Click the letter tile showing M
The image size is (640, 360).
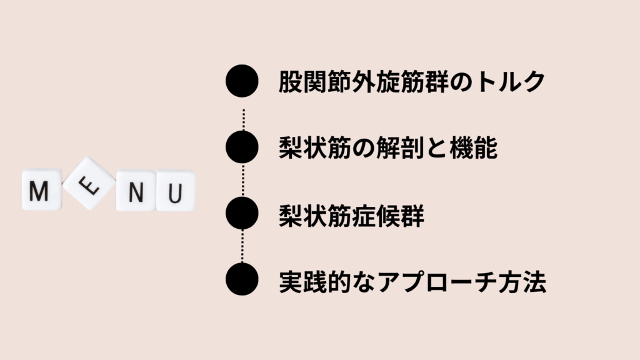tap(42, 190)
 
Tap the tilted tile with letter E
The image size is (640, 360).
tap(89, 183)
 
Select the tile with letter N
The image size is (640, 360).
tap(136, 191)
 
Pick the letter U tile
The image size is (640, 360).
tap(176, 191)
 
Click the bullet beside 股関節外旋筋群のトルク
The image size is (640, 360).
tap(242, 81)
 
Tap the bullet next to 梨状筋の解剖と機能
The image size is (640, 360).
tap(242, 147)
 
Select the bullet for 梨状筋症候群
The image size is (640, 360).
tap(242, 213)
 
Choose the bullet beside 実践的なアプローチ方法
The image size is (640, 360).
tap(242, 279)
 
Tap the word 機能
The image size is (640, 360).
tap(474, 147)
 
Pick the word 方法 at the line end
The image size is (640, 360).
tap(522, 282)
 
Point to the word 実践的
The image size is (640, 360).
tap(315, 282)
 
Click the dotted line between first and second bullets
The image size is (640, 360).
tap(244, 119)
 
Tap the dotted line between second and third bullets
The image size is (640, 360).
tap(243, 180)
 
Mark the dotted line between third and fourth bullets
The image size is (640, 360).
tap(243, 246)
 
